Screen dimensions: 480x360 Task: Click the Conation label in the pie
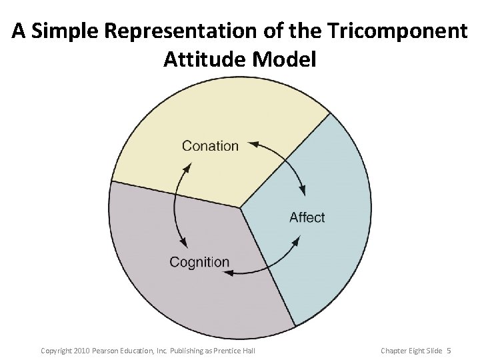(x=210, y=146)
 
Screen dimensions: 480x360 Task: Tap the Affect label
(x=307, y=217)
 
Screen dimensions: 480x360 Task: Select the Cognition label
(x=199, y=262)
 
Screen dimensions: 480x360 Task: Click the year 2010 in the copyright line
(x=82, y=351)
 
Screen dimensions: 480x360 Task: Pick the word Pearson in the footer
(x=108, y=351)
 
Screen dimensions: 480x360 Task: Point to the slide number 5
(x=449, y=351)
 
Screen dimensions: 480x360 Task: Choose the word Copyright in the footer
(x=56, y=351)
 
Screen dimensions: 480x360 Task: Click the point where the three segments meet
(x=240, y=207)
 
